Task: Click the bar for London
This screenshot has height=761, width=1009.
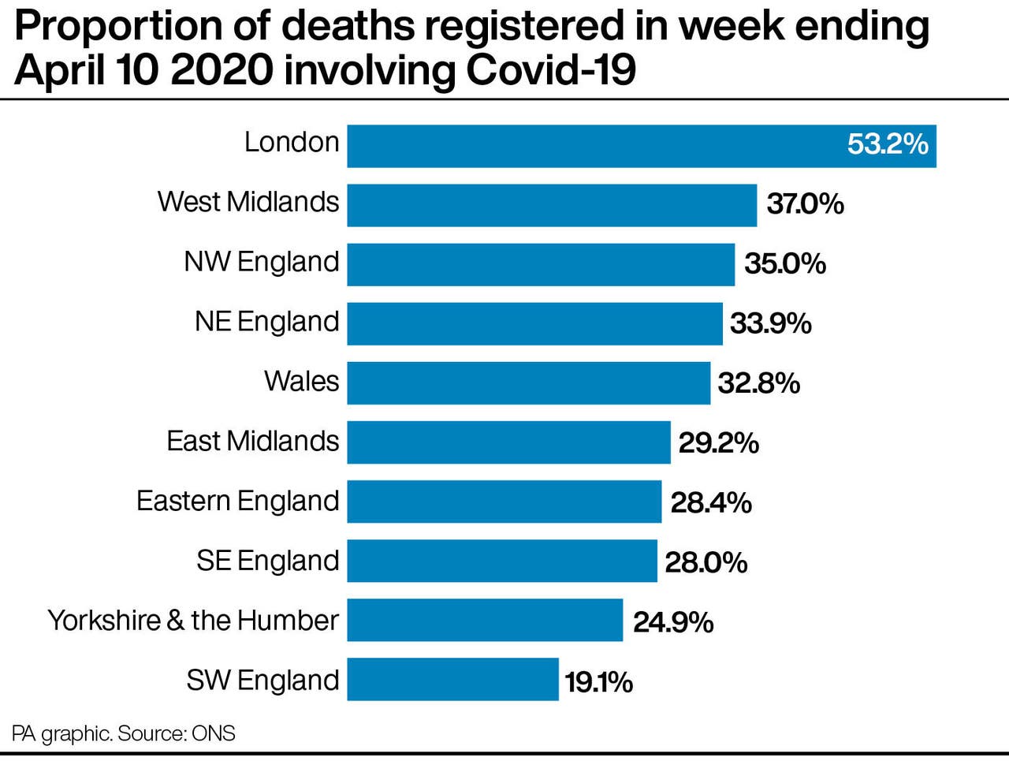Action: click(599, 146)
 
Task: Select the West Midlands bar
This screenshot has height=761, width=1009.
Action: click(552, 205)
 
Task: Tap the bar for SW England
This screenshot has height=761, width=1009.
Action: click(452, 680)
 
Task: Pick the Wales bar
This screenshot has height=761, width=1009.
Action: click(528, 382)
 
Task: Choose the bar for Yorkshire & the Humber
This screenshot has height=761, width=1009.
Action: click(485, 620)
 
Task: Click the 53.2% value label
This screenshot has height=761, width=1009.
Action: click(888, 144)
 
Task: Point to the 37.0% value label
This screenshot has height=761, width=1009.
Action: click(805, 204)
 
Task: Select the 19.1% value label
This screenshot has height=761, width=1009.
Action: click(598, 682)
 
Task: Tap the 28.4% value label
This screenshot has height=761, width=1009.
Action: click(711, 502)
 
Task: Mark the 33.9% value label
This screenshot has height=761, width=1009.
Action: click(770, 323)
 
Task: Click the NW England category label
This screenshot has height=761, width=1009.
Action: click(261, 262)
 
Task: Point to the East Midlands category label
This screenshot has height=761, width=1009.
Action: click(252, 441)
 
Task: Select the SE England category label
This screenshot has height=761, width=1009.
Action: click(267, 561)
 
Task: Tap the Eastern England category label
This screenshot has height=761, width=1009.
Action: click(237, 501)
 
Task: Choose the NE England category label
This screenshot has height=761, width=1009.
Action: click(266, 322)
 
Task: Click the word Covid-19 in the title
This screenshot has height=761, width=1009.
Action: click(550, 71)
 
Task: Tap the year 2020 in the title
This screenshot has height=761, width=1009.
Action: click(221, 71)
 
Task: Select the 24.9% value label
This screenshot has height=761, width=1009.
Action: click(673, 622)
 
